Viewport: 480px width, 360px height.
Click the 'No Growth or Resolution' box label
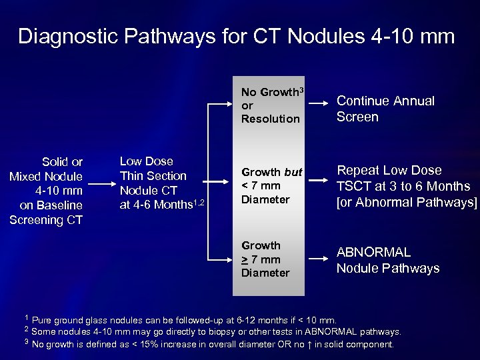270,105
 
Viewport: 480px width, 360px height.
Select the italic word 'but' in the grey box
293,172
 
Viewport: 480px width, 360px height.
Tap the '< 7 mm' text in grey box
261,185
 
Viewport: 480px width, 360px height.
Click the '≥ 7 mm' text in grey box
261,259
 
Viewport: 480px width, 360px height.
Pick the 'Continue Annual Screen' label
385,109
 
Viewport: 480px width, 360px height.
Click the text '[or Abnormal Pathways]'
407,202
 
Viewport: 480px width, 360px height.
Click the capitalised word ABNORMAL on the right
373,253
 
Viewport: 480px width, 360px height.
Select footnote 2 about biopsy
213,331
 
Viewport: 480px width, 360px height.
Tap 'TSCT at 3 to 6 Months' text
403,186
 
